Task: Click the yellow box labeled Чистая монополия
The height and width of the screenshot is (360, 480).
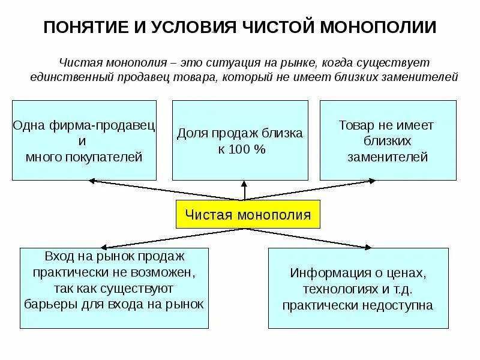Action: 248,214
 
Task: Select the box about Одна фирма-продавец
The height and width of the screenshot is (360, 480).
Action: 84,140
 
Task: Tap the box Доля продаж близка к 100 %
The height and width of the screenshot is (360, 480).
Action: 240,140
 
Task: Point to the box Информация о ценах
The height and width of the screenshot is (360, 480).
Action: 358,289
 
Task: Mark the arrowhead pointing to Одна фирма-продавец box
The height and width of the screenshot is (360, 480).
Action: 91,179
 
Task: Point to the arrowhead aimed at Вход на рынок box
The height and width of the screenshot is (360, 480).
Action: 101,246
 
